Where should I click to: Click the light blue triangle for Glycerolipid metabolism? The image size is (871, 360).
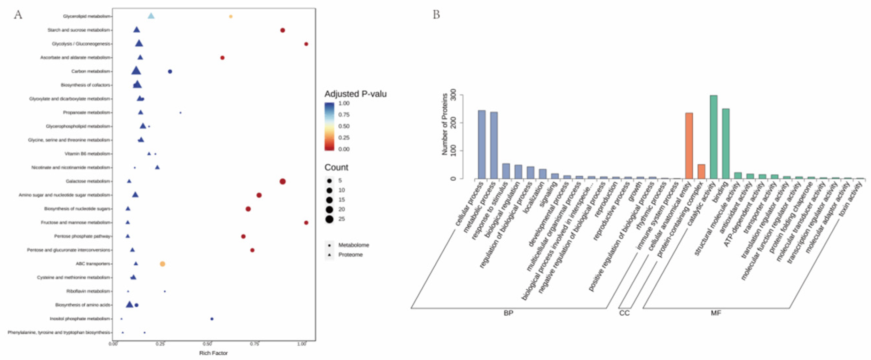(x=151, y=16)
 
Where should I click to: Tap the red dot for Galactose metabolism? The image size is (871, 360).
(x=282, y=181)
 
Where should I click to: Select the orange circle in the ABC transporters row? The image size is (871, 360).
(x=162, y=264)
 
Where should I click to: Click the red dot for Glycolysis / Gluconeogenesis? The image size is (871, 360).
(x=306, y=44)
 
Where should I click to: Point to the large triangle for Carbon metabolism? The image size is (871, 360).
(x=136, y=71)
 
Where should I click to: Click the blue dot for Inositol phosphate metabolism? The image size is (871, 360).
(x=212, y=319)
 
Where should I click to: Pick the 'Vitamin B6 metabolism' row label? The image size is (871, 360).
(x=87, y=154)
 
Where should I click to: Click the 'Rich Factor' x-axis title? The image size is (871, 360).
(x=213, y=353)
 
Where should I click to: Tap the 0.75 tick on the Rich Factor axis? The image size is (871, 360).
(x=255, y=344)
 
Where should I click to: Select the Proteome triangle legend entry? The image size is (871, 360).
(x=350, y=255)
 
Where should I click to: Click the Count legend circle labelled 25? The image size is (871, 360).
(x=329, y=219)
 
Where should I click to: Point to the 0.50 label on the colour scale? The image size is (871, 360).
(x=344, y=126)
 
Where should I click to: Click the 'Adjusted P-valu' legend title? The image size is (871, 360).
(x=355, y=94)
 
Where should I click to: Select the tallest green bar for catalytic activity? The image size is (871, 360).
(x=714, y=137)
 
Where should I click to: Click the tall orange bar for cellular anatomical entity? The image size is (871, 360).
(x=689, y=146)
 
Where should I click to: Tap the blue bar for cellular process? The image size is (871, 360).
(x=482, y=144)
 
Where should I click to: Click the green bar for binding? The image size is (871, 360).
(x=726, y=144)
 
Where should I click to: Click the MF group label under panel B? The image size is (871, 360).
(x=716, y=313)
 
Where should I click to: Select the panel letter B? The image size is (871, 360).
(x=436, y=15)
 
